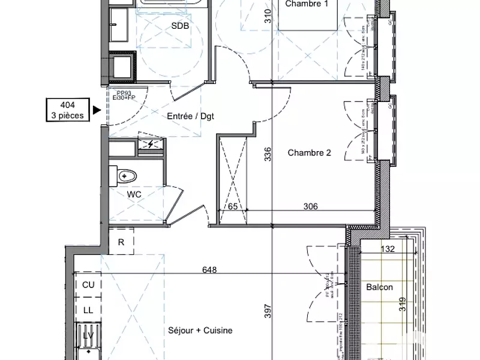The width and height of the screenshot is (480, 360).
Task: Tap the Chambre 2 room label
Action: coord(309,152)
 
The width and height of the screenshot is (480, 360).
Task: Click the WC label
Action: coord(134,194)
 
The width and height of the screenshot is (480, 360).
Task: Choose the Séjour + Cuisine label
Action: coord(200,330)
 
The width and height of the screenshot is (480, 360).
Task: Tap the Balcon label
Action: coord(379,287)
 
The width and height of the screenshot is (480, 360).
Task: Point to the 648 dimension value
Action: coord(209,269)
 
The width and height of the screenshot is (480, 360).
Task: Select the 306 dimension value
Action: coord(310,207)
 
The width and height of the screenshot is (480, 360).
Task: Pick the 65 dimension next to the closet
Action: coord(232,207)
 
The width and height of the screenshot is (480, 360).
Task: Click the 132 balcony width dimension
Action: coord(387,249)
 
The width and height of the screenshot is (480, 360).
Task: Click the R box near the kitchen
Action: coord(121,242)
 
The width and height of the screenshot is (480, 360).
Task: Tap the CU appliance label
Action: coord(88,285)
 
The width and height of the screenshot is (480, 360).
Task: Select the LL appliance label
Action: coord(88,310)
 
